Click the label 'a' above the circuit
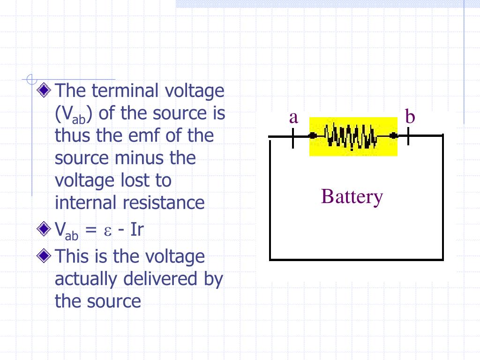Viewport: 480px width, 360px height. click(293, 118)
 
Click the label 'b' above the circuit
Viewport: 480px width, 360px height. click(410, 117)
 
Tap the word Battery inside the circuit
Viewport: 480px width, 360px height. click(352, 196)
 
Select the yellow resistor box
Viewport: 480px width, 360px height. click(353, 136)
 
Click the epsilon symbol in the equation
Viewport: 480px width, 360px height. click(107, 231)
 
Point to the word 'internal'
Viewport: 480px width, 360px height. click(86, 203)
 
